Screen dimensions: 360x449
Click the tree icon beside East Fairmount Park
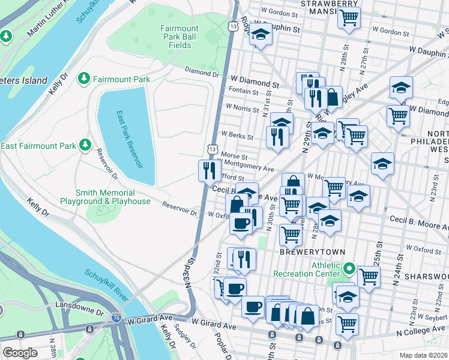pos(85,145)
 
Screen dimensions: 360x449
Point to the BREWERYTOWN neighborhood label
pos(301,253)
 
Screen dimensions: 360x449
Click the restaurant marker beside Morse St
pos(207,170)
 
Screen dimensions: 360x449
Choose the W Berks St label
pos(237,135)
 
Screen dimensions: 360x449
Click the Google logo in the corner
pos(20,353)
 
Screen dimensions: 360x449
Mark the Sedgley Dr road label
pos(184,338)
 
